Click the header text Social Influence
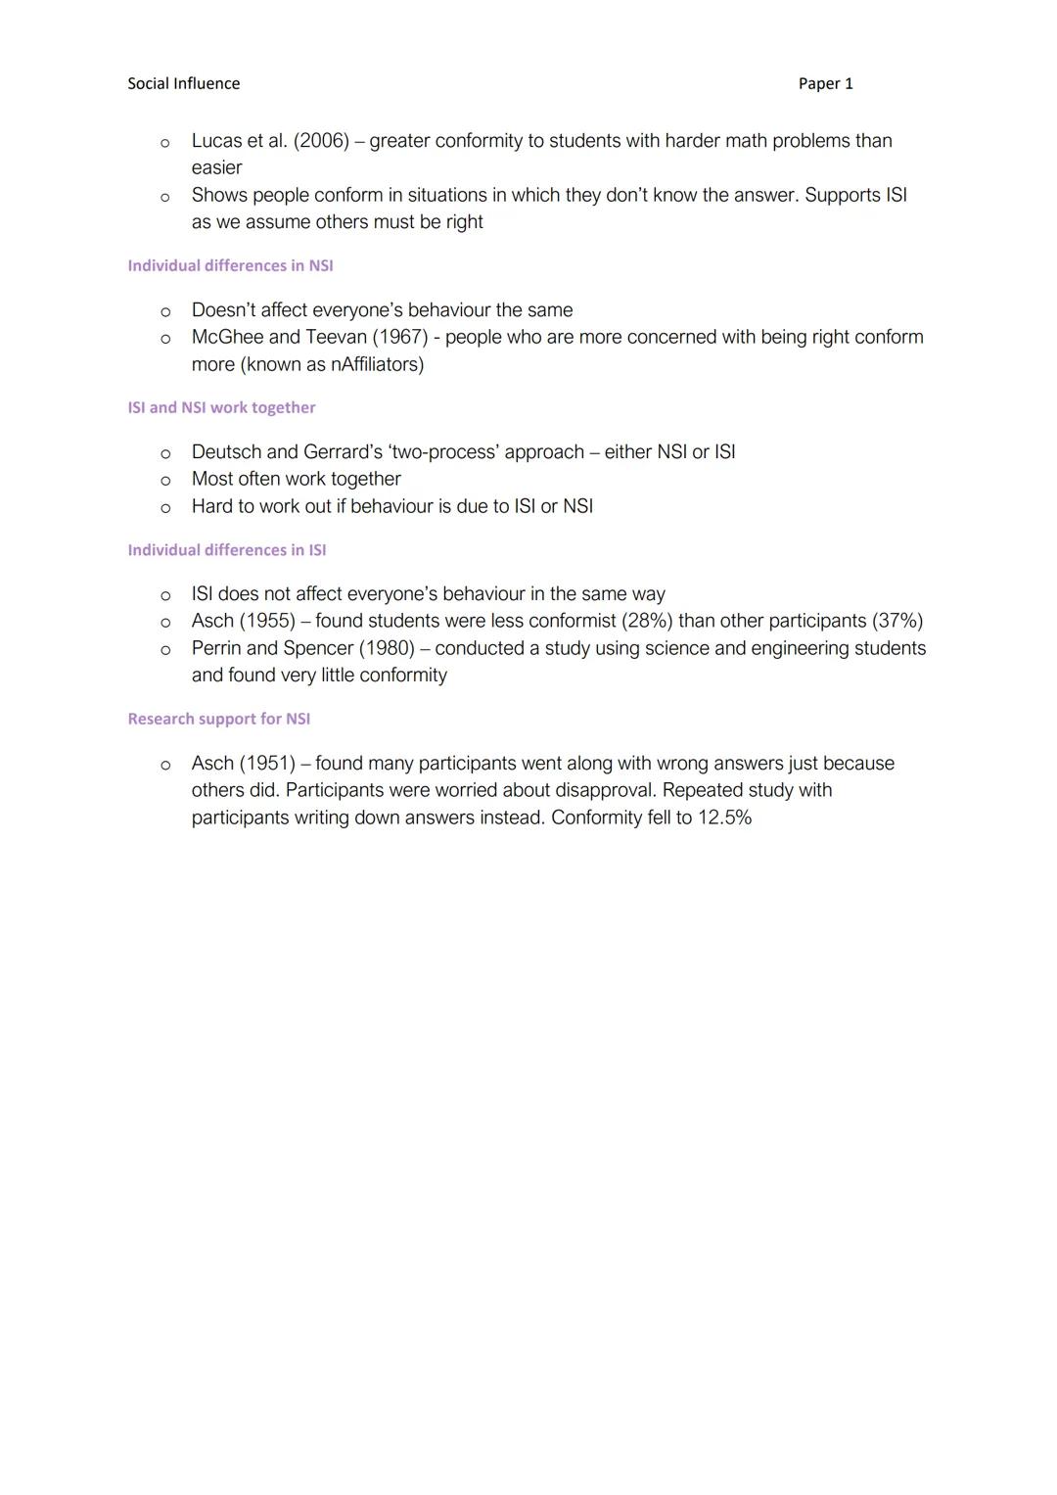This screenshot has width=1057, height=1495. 183,84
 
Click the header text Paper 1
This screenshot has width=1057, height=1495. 825,84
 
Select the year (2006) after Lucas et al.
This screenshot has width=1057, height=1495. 321,141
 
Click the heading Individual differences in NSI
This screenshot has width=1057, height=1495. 230,265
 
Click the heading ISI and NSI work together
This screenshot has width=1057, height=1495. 221,407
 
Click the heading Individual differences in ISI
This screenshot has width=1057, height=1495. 227,550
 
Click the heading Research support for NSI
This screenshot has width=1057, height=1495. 218,719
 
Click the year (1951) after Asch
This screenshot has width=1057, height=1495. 267,763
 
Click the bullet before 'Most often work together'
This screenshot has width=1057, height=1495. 165,480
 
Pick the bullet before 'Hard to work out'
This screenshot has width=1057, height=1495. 165,507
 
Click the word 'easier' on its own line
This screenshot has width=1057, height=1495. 216,168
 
